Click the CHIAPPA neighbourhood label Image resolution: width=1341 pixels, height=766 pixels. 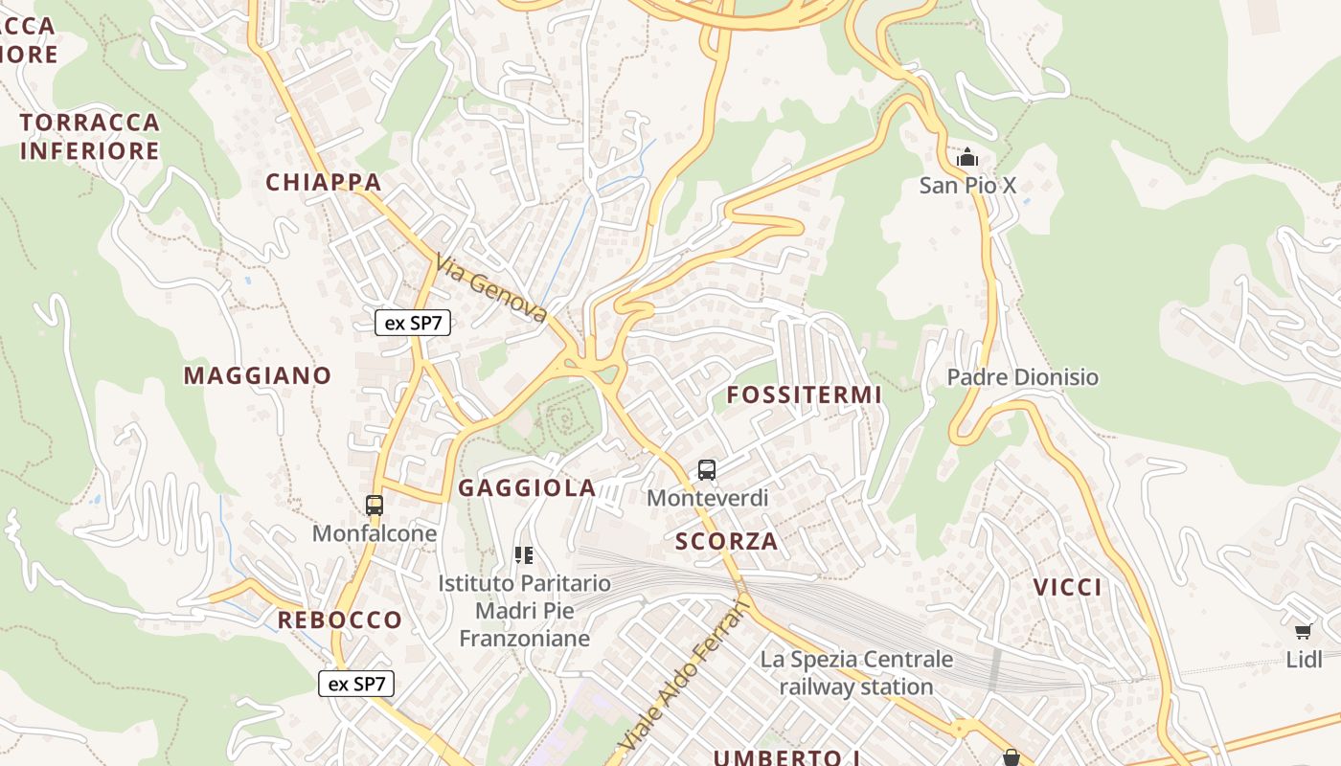pos(324,182)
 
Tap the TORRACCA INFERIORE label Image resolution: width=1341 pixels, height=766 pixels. pos(89,136)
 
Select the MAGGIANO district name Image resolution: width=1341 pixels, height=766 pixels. pos(258,375)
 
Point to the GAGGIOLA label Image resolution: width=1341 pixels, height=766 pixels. pos(527,488)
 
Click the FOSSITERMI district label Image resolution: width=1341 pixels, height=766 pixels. pos(804,394)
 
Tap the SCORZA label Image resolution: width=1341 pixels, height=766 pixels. pos(726,541)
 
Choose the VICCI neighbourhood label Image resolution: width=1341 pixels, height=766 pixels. pos(1067,587)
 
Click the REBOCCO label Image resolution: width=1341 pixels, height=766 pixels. pos(340,620)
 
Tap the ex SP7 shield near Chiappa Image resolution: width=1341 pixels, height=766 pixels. pos(413,323)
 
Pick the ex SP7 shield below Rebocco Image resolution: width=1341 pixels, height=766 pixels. pos(356,684)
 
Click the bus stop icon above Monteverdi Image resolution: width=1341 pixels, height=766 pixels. pos(707,469)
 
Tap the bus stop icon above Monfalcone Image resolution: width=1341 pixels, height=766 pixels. pos(375,505)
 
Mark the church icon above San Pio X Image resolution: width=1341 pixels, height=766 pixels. pos(967,156)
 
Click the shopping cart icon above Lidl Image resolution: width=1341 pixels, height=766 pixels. pos(1303,631)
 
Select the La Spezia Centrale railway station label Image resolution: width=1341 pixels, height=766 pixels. pos(856,672)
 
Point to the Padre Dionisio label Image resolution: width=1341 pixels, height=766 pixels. pos(1022,377)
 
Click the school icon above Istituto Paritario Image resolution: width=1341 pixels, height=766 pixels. pos(524,554)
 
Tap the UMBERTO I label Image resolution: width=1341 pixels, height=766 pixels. pos(785,757)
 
